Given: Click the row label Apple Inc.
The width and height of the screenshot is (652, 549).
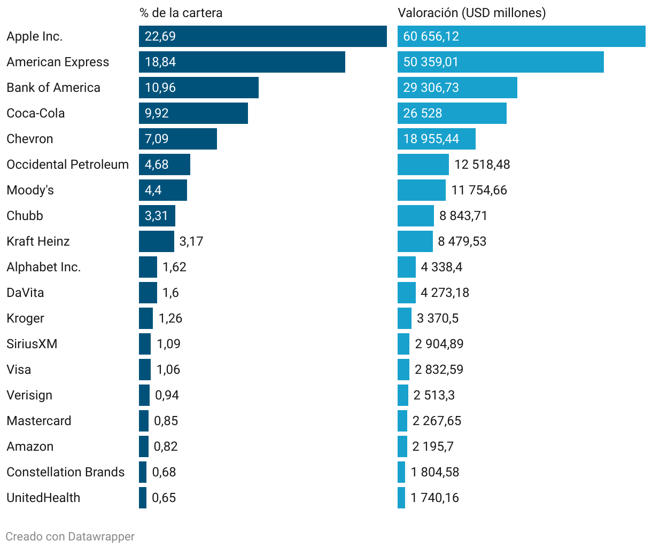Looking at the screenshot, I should click(x=34, y=36).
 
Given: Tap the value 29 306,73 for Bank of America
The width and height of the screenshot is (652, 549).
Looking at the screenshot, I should click(x=431, y=88).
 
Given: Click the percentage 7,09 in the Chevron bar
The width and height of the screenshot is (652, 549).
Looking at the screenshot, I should click(x=157, y=139).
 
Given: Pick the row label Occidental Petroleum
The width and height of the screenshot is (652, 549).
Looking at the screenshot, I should click(x=67, y=164).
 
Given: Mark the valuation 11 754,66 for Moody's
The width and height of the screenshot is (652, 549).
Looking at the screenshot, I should click(x=479, y=190).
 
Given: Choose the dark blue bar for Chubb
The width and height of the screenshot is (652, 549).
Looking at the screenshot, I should click(x=157, y=216).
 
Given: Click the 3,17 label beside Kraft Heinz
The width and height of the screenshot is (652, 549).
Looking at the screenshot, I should click(x=191, y=241).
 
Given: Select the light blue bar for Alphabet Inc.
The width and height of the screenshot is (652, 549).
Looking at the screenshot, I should click(x=407, y=267).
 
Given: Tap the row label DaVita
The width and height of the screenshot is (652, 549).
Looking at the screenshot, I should click(x=25, y=293).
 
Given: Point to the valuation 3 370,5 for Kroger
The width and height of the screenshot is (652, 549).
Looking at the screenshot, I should click(x=438, y=318).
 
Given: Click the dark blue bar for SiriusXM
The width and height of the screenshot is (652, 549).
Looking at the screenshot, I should click(x=145, y=344).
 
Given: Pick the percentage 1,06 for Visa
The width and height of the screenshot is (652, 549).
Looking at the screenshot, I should click(x=168, y=370).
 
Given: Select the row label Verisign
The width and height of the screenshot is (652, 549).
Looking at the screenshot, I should click(x=29, y=395).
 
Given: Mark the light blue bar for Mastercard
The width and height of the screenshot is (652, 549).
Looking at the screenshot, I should click(x=402, y=421).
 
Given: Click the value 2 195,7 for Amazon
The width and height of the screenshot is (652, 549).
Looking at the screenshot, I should click(x=433, y=446).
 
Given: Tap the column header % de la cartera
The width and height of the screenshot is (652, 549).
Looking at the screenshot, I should click(x=181, y=13).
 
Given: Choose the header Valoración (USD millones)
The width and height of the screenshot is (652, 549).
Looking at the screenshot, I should click(x=471, y=13).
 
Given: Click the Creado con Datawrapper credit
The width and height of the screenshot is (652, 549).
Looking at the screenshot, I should click(x=70, y=537).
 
